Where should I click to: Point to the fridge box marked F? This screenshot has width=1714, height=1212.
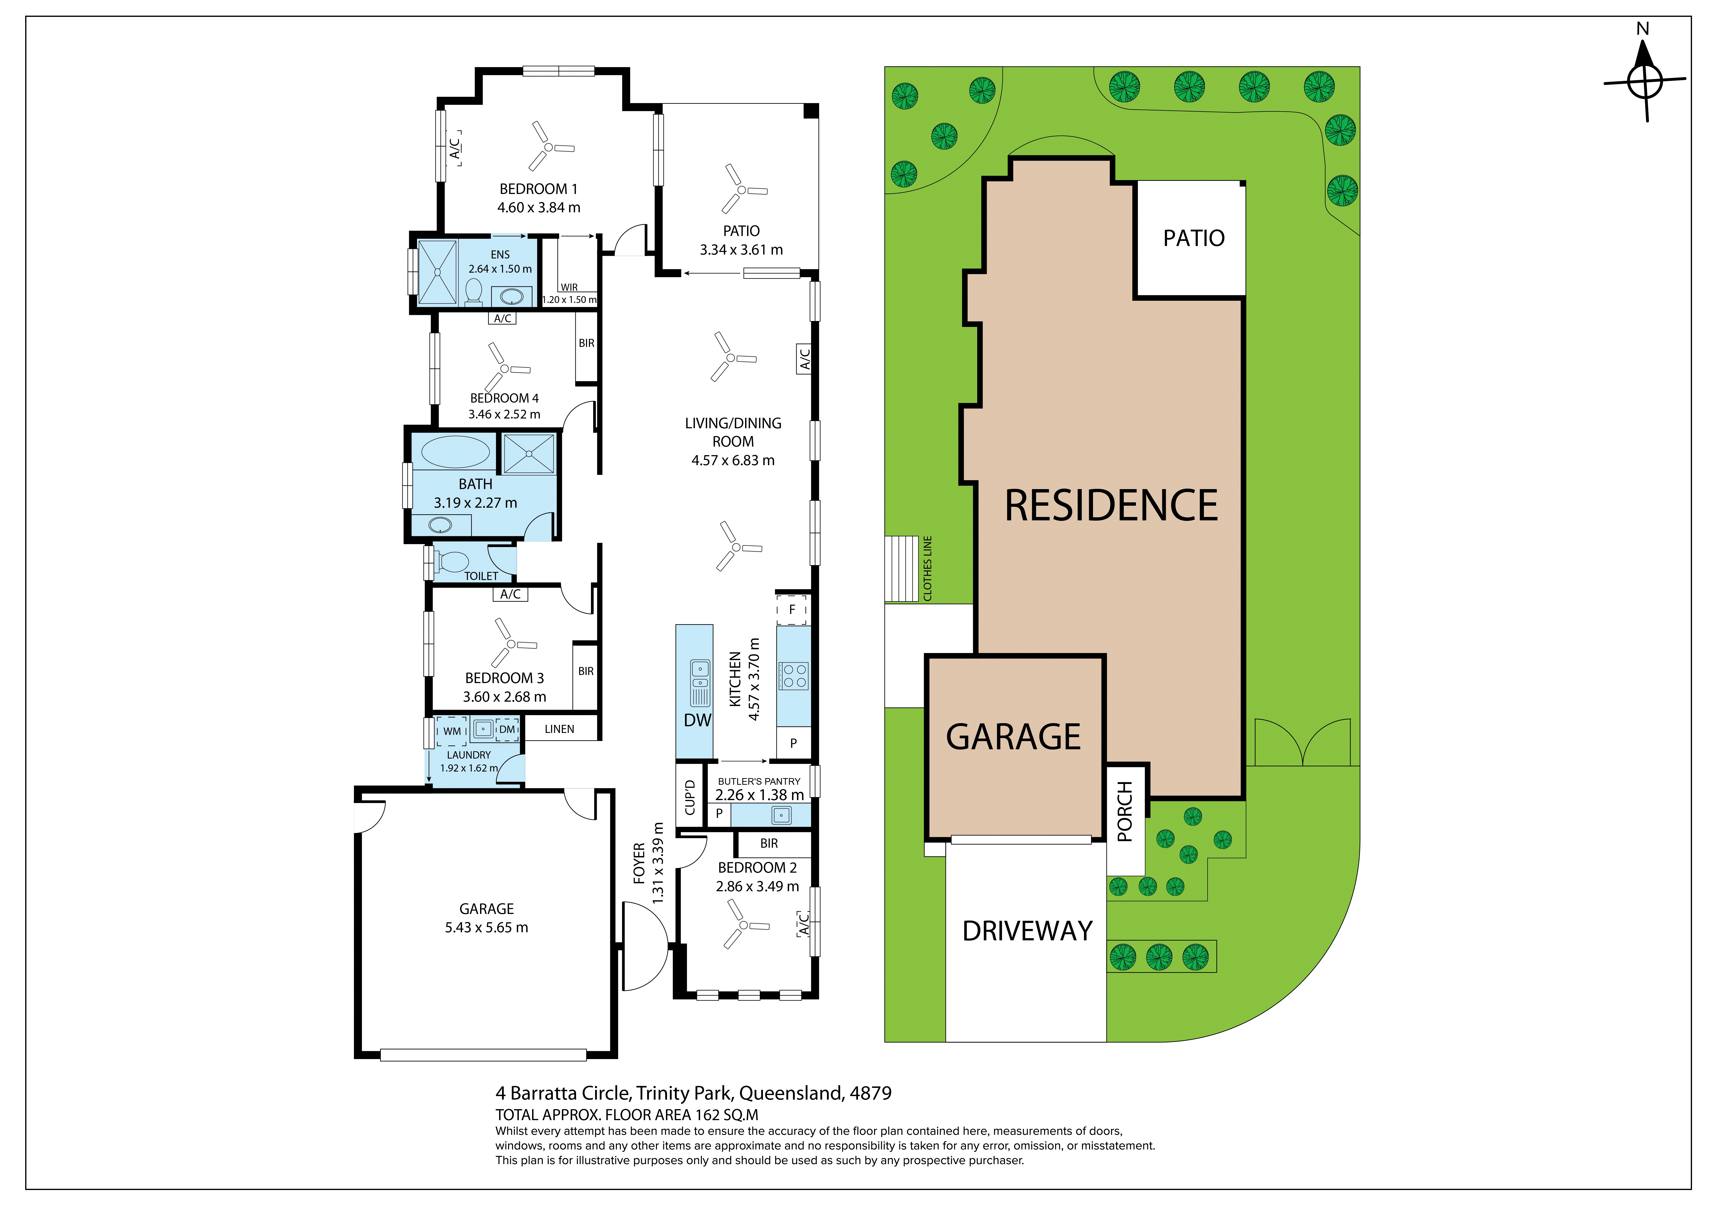click(x=792, y=609)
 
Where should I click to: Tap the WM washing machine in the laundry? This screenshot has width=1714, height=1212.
click(x=452, y=731)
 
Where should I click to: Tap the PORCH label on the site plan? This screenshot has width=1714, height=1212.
click(x=1125, y=812)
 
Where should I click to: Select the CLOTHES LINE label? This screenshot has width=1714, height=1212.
click(x=928, y=568)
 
